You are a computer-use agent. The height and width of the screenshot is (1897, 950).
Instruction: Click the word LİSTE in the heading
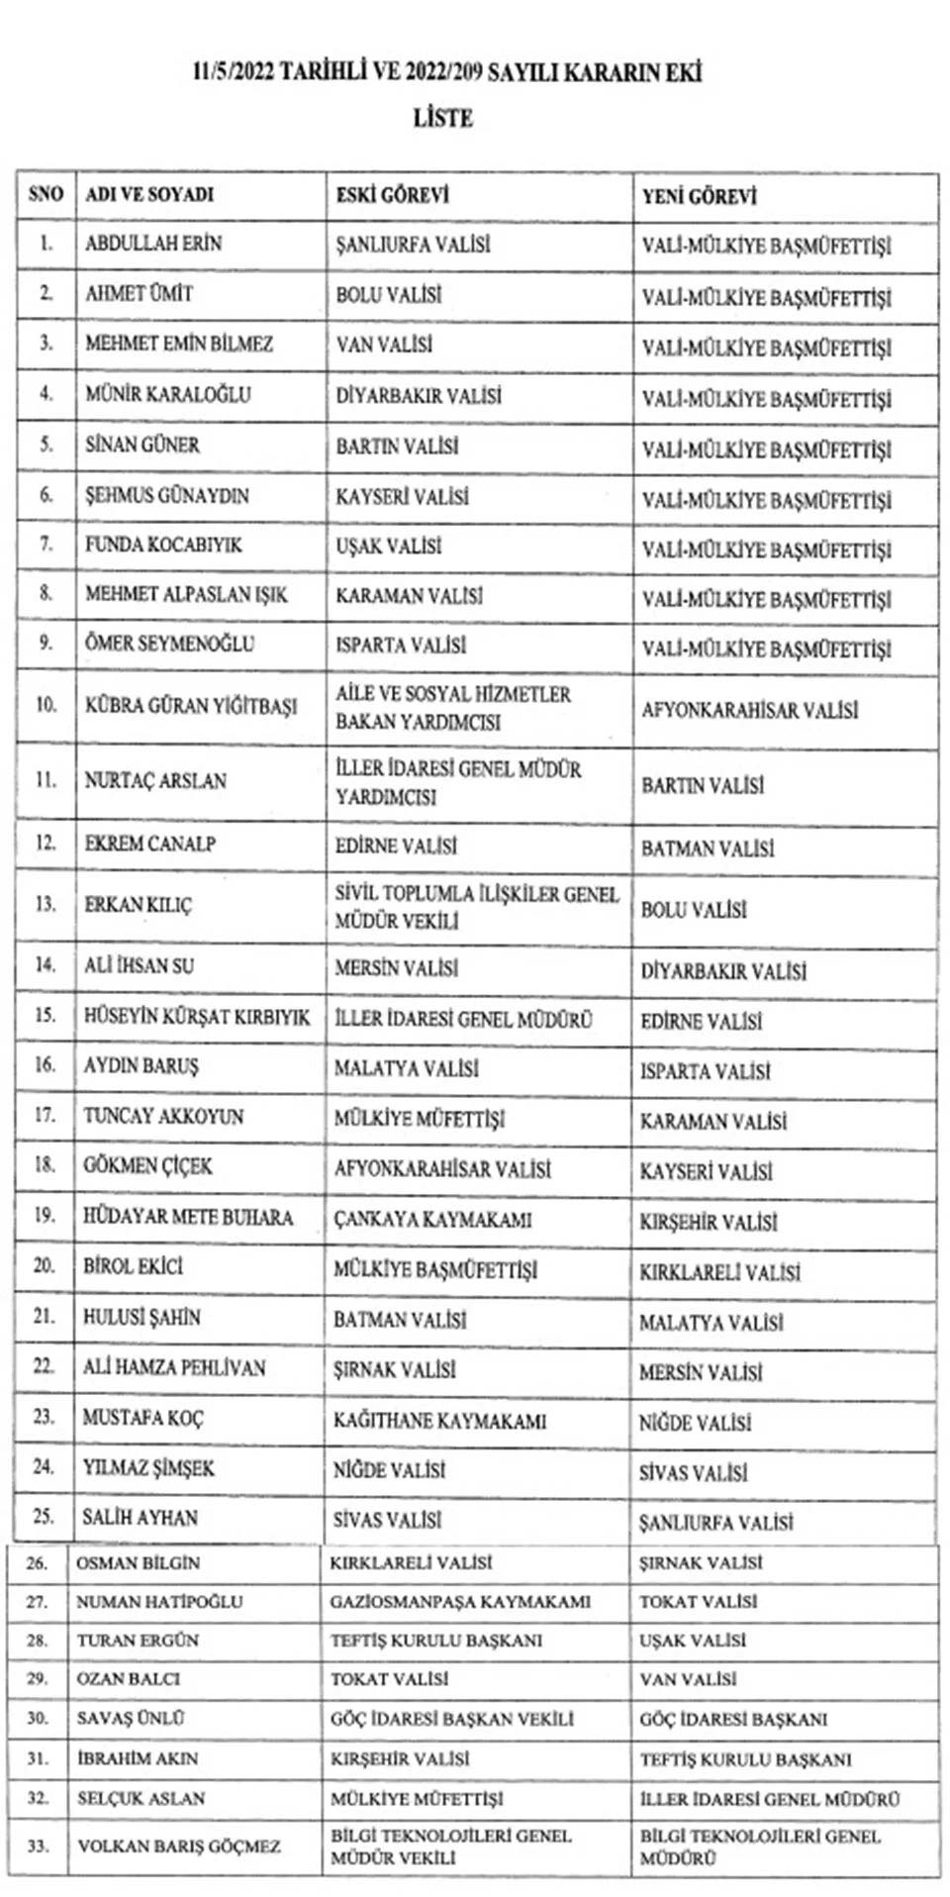click(442, 118)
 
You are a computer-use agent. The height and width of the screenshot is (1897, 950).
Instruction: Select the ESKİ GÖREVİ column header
click(392, 195)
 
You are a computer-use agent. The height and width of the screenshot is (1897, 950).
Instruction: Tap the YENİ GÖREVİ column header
click(699, 196)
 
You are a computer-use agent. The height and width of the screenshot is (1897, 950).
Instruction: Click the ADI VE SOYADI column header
click(149, 194)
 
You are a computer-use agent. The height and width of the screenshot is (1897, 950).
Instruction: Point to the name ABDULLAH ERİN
click(153, 244)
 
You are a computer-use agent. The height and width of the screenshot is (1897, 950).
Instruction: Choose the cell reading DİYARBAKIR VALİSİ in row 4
click(419, 396)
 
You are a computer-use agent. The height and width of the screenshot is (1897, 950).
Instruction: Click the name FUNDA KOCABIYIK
click(163, 545)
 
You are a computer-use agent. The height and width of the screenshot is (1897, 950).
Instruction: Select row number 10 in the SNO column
click(46, 706)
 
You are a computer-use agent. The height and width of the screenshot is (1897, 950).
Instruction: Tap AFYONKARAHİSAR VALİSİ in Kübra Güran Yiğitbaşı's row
click(749, 710)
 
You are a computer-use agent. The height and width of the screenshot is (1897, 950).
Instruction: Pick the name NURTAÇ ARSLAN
click(155, 780)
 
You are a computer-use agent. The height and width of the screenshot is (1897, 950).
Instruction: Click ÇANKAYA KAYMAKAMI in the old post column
click(432, 1220)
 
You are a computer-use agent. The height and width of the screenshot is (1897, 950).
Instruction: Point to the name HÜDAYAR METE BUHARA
click(188, 1216)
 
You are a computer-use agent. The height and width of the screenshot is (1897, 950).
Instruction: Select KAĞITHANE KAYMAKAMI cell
click(439, 1421)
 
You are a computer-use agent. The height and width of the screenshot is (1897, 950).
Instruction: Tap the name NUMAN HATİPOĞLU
click(159, 1601)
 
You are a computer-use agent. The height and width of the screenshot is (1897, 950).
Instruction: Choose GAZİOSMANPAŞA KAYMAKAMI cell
click(460, 1601)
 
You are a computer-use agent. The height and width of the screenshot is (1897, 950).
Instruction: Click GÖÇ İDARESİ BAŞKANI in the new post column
click(733, 1719)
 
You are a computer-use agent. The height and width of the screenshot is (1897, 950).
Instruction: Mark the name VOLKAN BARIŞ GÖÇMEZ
click(179, 1846)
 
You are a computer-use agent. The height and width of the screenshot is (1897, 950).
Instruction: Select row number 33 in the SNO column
click(38, 1846)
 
